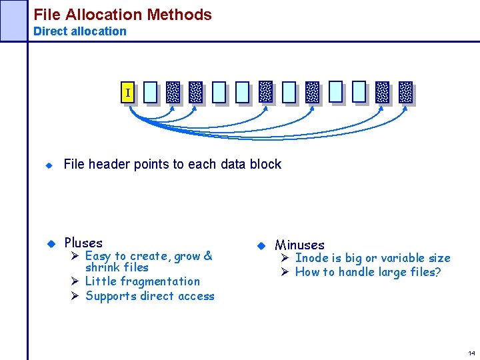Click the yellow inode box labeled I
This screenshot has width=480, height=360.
tap(128, 93)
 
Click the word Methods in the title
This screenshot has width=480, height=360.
tap(180, 15)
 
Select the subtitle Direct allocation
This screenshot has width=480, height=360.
tap(79, 31)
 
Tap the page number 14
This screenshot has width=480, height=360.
tap(471, 353)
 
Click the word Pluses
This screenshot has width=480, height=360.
tap(83, 243)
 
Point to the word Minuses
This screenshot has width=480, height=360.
tap(299, 245)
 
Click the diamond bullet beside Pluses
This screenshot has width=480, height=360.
tap(49, 243)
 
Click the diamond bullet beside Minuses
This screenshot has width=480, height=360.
tap(260, 245)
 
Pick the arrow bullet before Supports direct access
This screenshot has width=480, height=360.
tap(75, 296)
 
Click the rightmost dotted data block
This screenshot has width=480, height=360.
tap(405, 93)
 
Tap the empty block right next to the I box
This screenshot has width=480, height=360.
tap(151, 93)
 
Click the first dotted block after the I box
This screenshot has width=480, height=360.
tap(173, 93)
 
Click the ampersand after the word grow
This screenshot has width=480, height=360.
tap(208, 255)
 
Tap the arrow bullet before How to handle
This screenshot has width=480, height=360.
tap(283, 271)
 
